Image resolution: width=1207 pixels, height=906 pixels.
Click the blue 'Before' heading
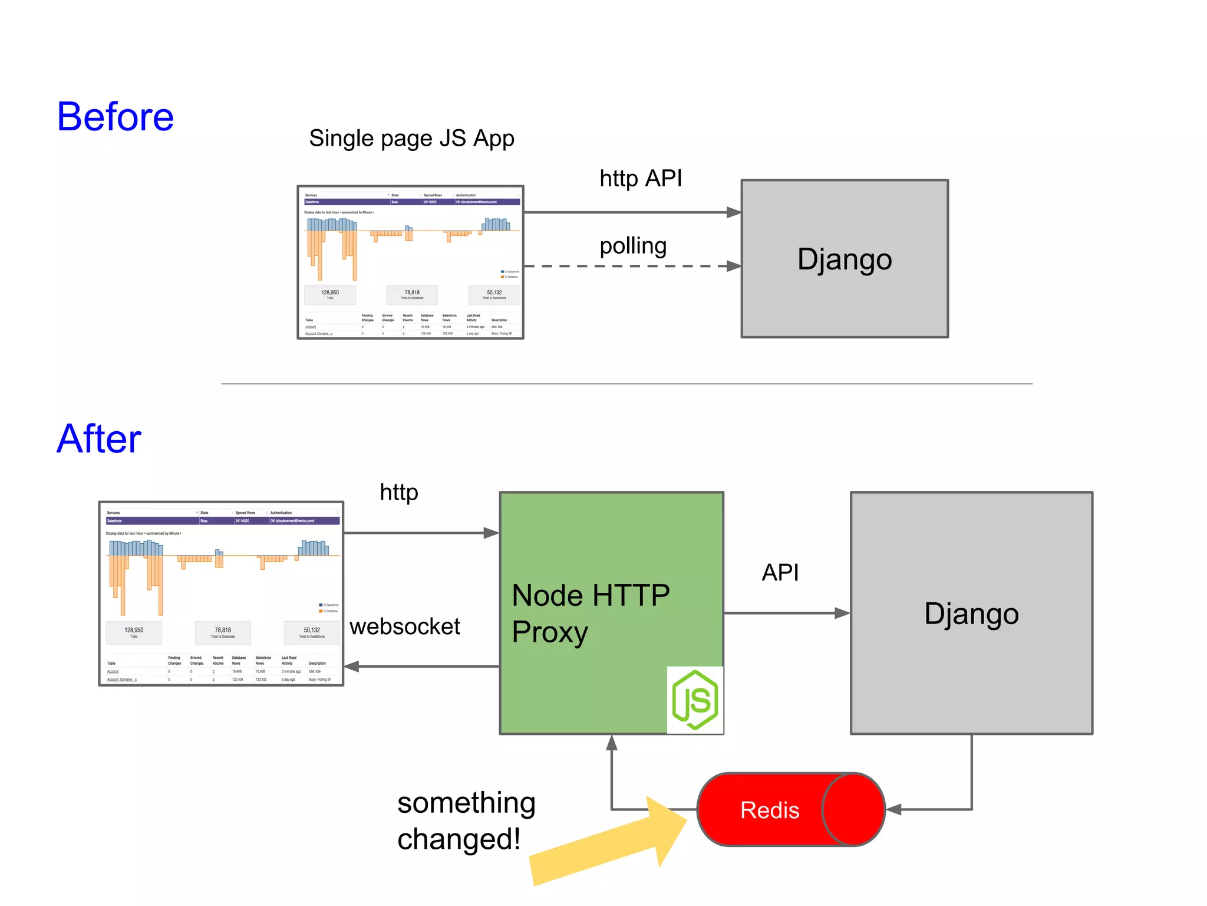[x=116, y=117]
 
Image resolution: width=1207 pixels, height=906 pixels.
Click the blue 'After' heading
[x=99, y=439]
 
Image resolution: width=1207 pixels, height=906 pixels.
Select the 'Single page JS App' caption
[x=411, y=139]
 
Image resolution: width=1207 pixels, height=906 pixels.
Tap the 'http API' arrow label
[x=641, y=178]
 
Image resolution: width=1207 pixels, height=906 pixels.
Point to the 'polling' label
[x=633, y=245]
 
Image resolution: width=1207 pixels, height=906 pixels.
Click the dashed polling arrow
[x=631, y=266]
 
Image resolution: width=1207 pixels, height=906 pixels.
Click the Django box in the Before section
[x=844, y=259]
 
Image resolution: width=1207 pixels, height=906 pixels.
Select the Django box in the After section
[x=971, y=613]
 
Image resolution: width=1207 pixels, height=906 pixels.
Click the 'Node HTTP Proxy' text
[x=591, y=613]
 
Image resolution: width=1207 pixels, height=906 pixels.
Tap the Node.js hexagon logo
[x=695, y=700]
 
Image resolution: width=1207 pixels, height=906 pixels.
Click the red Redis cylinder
[x=790, y=810]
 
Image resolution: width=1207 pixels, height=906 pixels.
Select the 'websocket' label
[x=404, y=626]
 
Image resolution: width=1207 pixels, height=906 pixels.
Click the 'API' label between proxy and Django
[x=780, y=572]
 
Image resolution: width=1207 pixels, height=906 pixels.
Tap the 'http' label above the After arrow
[x=399, y=492]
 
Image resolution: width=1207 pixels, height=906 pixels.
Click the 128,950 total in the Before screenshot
[x=330, y=293]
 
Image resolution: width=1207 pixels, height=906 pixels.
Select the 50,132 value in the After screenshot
[x=312, y=631]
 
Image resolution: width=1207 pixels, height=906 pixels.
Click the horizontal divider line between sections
[x=626, y=384]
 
